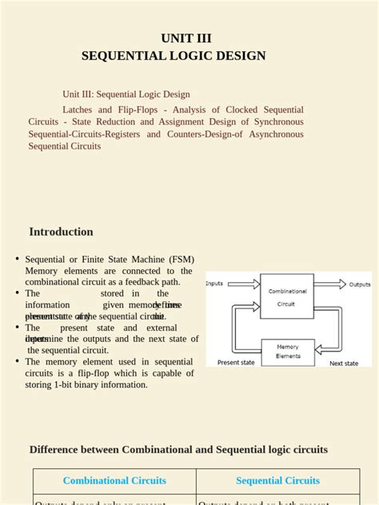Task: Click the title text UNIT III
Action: point(186,38)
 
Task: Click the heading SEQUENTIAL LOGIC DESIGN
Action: point(174,55)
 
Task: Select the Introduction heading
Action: point(61,232)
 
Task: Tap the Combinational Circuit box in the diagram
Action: point(286,296)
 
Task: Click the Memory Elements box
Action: point(287,351)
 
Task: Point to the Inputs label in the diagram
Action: point(214,284)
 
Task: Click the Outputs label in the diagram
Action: point(359,284)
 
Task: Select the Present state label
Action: point(236,363)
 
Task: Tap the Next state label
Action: point(344,364)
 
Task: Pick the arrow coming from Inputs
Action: point(244,284)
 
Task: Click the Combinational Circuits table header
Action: point(114,480)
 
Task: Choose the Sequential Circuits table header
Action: point(277,480)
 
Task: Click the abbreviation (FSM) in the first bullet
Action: point(180,260)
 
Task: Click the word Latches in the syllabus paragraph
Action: point(80,109)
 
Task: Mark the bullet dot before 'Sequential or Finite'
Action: point(17,259)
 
